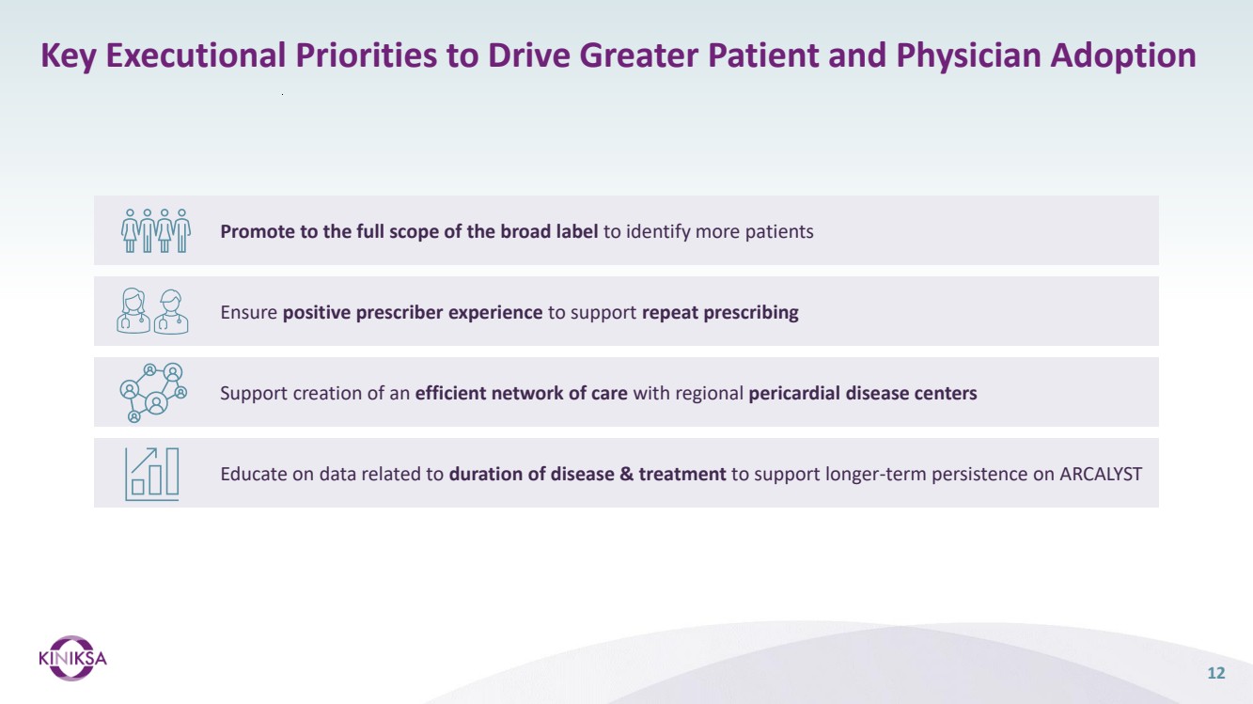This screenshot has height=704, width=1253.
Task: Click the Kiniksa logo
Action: tap(72, 658)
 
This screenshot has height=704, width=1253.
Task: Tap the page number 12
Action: tap(1216, 673)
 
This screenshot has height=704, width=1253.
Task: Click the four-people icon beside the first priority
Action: tap(156, 231)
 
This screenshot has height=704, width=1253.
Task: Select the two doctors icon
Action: tap(152, 311)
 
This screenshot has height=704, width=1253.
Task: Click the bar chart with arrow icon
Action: tap(152, 474)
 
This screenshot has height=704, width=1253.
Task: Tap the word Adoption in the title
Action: tap(1123, 55)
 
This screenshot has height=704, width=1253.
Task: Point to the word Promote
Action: tap(258, 231)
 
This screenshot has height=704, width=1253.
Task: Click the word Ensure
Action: tap(248, 312)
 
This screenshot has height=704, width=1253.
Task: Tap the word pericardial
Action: tap(794, 394)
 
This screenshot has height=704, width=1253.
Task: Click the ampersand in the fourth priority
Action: tap(626, 474)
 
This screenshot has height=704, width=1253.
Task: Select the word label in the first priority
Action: tap(577, 231)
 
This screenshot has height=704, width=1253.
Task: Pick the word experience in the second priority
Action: tap(495, 313)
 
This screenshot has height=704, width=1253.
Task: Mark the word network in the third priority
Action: tap(527, 393)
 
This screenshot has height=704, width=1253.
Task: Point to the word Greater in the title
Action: tap(638, 55)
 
